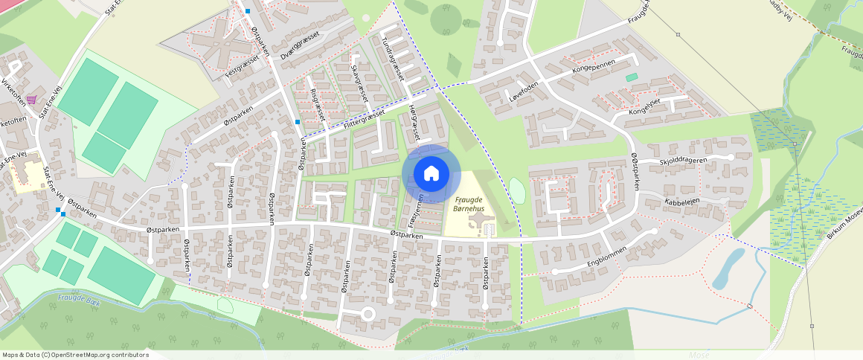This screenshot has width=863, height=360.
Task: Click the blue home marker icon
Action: click(x=431, y=174)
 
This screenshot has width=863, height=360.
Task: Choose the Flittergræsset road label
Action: click(x=365, y=118)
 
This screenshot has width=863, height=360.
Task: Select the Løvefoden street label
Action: click(x=523, y=92)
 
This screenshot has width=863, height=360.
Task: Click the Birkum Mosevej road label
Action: click(x=844, y=225)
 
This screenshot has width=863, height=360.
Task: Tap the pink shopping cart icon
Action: click(x=31, y=99)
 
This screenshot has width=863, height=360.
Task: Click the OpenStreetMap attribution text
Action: click(x=76, y=355)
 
